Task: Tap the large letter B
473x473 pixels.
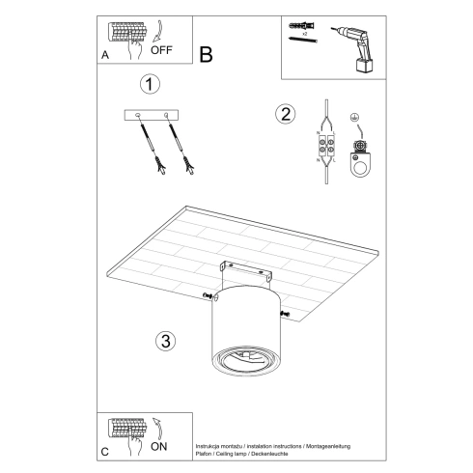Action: click(206, 54)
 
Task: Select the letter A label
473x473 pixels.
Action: click(104, 56)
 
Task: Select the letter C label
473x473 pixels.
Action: click(104, 452)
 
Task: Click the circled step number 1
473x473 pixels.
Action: click(148, 84)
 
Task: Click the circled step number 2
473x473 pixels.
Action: click(285, 114)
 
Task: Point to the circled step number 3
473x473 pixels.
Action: click(165, 340)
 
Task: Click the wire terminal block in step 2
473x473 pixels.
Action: click(325, 151)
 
